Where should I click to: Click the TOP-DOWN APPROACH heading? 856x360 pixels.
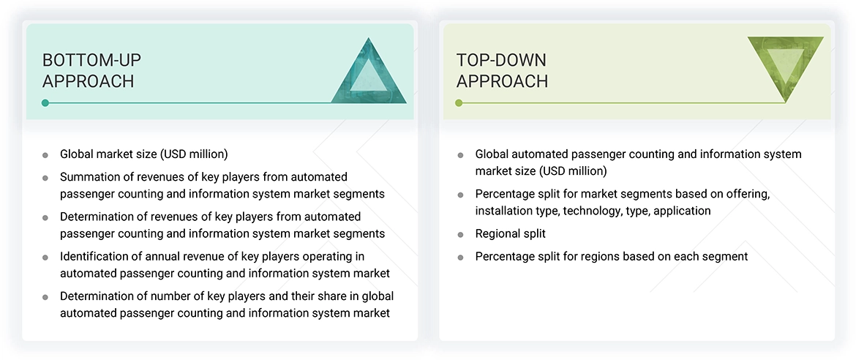tap(502, 70)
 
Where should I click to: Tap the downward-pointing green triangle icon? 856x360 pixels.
tap(786, 67)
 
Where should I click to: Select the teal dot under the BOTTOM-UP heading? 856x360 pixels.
tap(45, 103)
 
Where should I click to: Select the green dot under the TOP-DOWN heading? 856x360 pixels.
tap(459, 103)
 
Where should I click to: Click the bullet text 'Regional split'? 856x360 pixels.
tap(510, 233)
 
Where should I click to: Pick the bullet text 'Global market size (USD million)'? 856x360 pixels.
tap(143, 154)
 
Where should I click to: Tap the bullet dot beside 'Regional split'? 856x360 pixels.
tap(460, 235)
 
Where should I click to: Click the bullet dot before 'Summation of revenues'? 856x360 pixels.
tap(45, 178)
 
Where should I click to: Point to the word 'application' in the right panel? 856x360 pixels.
tap(682, 211)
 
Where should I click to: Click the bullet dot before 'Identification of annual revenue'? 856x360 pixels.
tap(45, 258)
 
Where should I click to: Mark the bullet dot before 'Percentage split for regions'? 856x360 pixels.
tap(460, 258)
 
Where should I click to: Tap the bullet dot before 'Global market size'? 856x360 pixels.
tap(45, 155)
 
